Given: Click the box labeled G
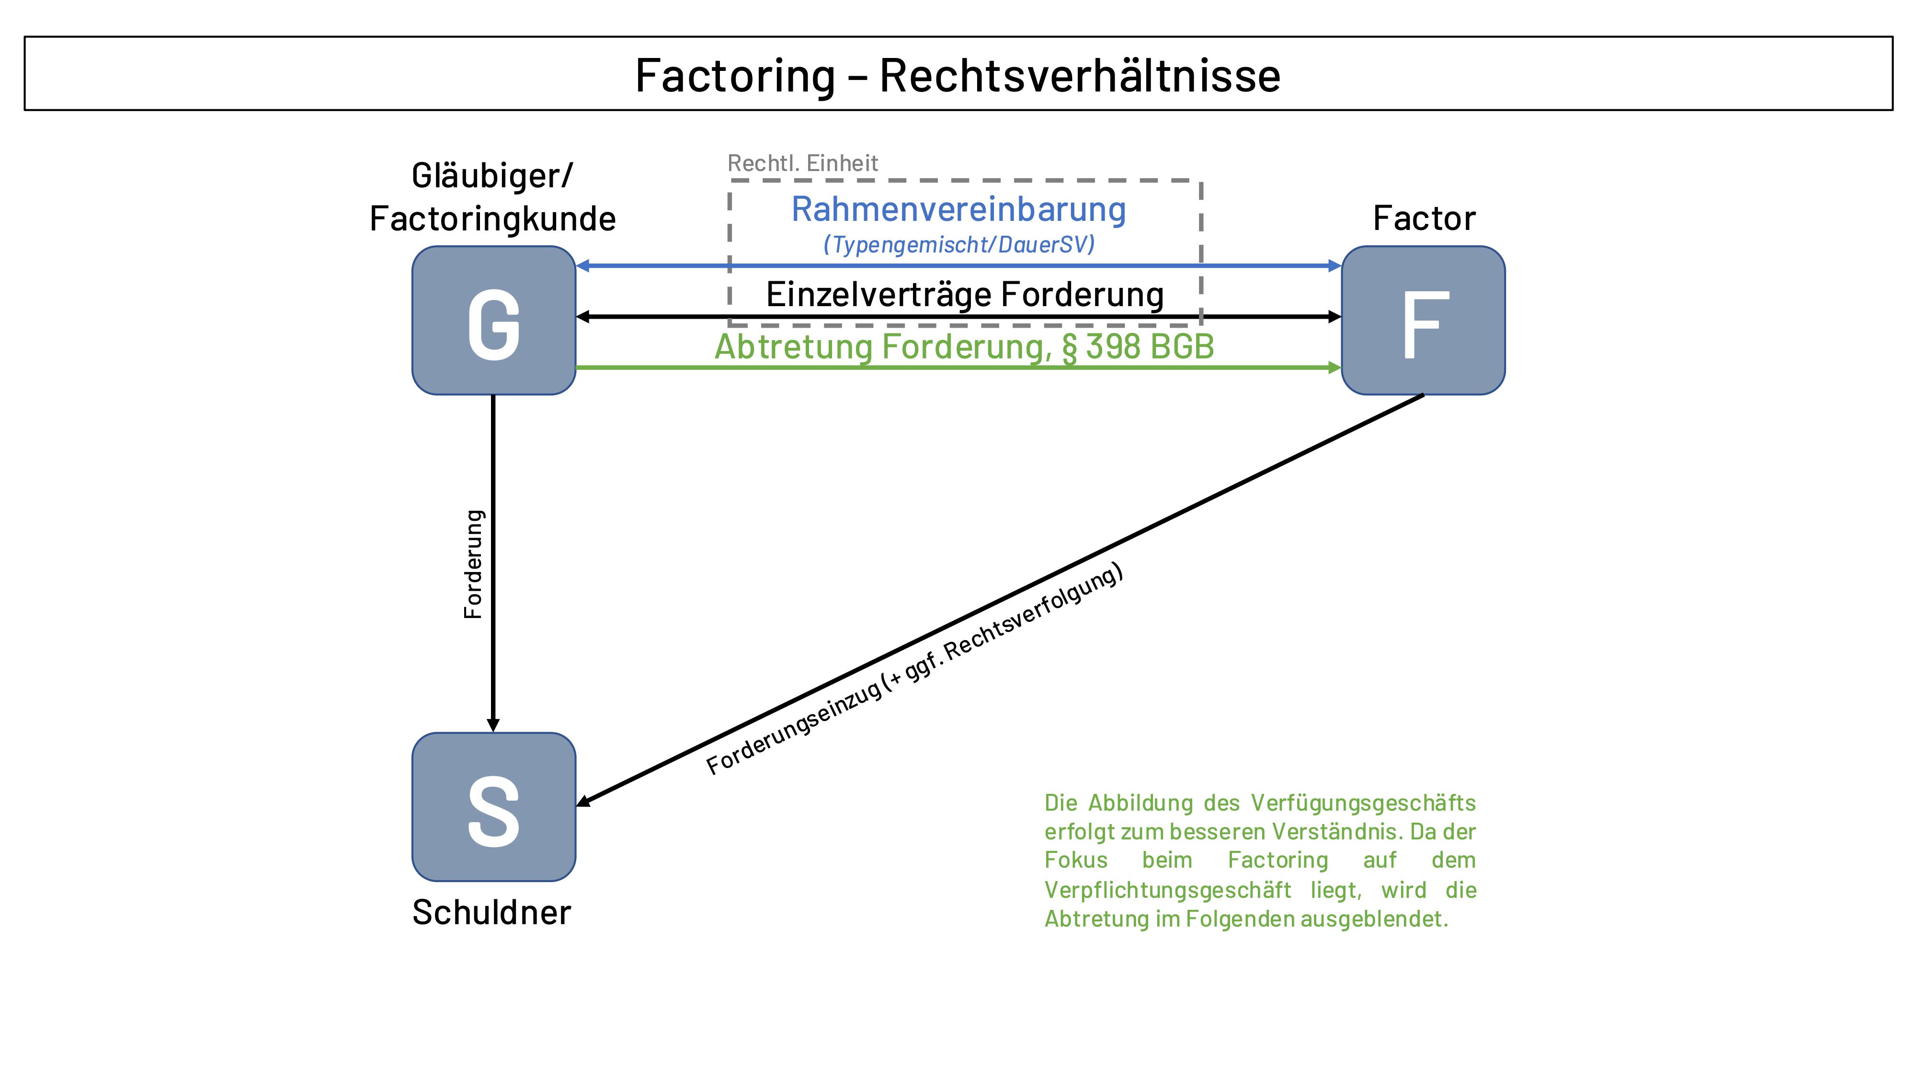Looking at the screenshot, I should pos(494,321).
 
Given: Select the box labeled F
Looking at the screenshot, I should pos(1423,321).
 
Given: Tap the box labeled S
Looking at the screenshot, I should pos(494,807).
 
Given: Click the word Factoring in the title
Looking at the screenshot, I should pos(735,75).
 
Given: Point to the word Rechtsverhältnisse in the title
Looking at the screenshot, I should pos(1080,75).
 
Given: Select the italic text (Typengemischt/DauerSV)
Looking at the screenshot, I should pos(959,245).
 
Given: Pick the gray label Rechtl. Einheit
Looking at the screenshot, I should pos(802,163).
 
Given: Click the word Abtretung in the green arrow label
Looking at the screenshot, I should pos(793,347).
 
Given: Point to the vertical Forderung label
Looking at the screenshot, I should pos(473,564).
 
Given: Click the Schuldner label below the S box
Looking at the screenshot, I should pos(491,912).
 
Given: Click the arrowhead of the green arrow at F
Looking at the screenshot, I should pos(1334,367).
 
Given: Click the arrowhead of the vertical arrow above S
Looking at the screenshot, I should pos(493,724).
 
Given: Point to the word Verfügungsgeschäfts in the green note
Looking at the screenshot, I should pos(1363,803).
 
